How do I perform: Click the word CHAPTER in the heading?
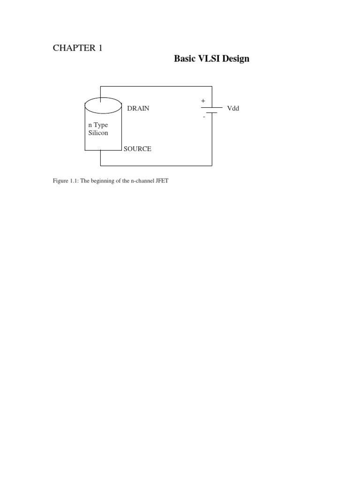coord(72,48)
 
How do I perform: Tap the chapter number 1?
coord(100,48)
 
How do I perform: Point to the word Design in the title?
coord(237,59)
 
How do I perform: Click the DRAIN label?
coord(138,108)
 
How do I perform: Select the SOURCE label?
coord(137,149)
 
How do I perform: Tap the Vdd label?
coord(233,108)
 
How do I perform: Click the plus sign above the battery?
coord(203,101)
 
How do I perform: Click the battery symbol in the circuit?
coord(211,110)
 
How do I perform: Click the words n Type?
coord(98,126)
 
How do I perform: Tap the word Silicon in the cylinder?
coord(98,133)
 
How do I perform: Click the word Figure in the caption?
coord(60,180)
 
